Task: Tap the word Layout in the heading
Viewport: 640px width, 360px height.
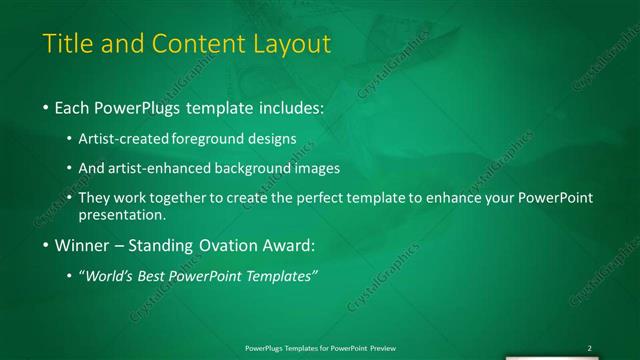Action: coord(290,45)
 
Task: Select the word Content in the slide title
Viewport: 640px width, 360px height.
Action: coord(196,45)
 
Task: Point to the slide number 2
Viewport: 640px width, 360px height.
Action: coord(589,348)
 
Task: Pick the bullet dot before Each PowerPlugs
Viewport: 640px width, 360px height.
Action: coord(46,106)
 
